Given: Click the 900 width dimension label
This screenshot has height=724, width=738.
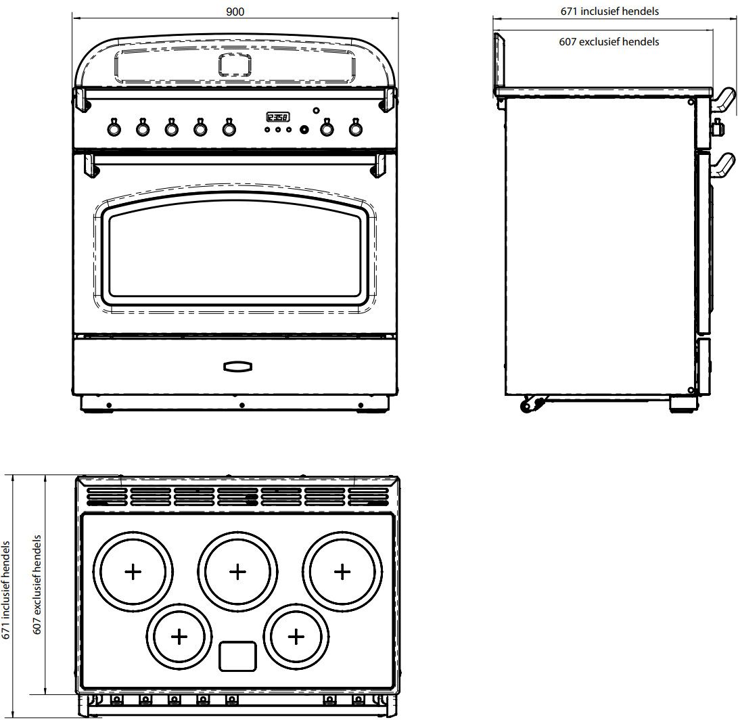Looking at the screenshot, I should (235, 12).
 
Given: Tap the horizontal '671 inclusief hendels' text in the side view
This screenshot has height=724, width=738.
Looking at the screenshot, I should (609, 11).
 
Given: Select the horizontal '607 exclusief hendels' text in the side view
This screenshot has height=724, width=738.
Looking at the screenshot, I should (609, 41).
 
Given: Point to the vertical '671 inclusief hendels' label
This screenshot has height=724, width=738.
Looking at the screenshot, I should (7, 589).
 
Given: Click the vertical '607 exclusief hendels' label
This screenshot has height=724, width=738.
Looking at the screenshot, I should (38, 585).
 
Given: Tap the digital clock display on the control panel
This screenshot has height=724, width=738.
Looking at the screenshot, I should (277, 116).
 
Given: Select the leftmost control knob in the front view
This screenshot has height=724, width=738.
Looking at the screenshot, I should (114, 127).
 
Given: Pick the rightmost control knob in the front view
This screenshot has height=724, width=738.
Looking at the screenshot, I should (354, 127).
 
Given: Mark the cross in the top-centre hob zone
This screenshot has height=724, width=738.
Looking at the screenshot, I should (237, 571).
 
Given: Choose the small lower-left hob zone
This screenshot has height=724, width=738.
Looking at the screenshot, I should (179, 636).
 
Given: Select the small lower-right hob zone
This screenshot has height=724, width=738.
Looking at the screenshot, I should (296, 636).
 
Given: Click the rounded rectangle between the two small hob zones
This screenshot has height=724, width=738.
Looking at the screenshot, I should (237, 656).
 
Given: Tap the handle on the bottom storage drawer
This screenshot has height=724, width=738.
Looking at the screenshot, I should (237, 366).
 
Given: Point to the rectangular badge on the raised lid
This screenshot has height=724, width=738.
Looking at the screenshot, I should (235, 64).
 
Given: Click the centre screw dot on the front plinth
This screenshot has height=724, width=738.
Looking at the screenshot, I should (241, 405).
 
